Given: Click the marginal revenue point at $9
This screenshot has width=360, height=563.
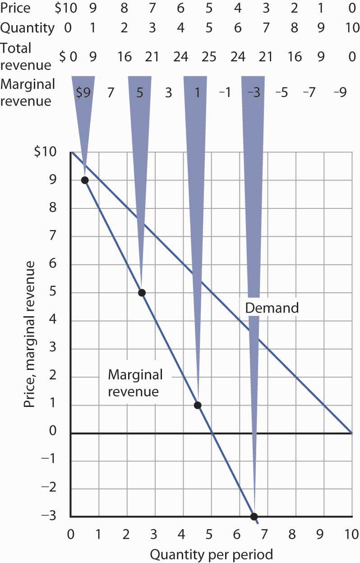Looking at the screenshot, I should [x=84, y=180].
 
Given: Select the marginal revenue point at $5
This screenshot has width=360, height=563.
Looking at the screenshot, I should [x=142, y=292].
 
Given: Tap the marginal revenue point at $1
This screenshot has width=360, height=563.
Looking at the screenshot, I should [x=197, y=405].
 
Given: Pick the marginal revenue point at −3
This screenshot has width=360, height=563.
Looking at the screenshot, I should [x=254, y=517].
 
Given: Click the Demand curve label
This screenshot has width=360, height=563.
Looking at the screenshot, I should [x=272, y=308].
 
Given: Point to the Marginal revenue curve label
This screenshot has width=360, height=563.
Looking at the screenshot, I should [x=135, y=383].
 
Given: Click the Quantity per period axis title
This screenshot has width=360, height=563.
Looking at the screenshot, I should [x=212, y=554].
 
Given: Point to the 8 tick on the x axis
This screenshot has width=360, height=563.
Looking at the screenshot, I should [x=292, y=534].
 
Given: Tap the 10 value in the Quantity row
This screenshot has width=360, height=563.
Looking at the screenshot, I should [x=351, y=28].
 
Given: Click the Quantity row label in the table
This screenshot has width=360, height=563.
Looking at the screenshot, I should [x=27, y=28].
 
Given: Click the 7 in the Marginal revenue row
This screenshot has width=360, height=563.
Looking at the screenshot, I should [x=110, y=93].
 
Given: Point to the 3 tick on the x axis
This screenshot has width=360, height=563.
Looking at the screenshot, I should [x=153, y=534].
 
